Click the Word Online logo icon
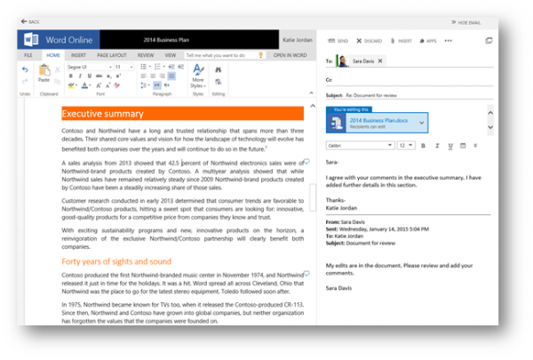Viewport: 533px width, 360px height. tap(30, 40)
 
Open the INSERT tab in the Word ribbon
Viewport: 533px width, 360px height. tap(78, 55)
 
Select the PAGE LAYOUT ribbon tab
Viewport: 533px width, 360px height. tap(111, 55)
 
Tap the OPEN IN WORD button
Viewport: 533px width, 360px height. tap(290, 55)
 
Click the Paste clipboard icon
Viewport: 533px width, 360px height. tap(44, 74)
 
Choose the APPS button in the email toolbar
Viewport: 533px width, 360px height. tap(428, 41)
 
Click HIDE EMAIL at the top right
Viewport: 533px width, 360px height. tap(466, 21)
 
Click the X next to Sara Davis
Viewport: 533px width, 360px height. tap(380, 60)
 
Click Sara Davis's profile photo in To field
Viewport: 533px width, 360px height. tap(342, 60)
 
